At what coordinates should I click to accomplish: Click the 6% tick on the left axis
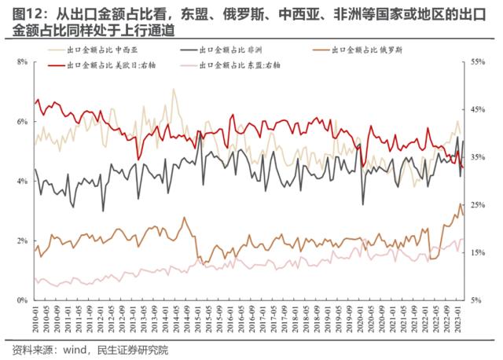point(22,121)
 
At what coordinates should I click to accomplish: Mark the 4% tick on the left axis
point(22,181)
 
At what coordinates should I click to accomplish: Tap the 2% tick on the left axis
point(22,241)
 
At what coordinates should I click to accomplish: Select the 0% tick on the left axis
point(22,300)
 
